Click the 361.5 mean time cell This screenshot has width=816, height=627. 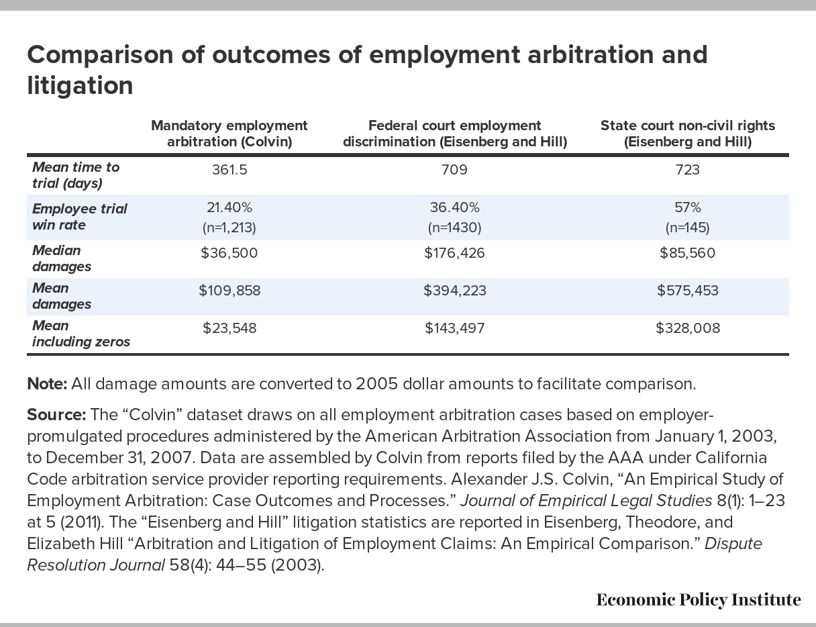click(x=229, y=170)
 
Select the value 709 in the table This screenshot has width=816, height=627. click(x=454, y=170)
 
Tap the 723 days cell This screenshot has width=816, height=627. click(x=688, y=170)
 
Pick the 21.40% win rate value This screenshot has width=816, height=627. click(x=229, y=207)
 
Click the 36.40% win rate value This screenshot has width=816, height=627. click(x=454, y=207)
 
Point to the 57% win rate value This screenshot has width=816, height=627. click(x=688, y=207)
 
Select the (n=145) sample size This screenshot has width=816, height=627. click(x=688, y=228)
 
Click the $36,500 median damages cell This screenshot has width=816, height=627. click(x=229, y=253)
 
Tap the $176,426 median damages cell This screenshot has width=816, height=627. click(x=454, y=253)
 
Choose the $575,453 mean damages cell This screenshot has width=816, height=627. click(x=688, y=291)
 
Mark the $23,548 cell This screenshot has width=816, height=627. click(x=229, y=328)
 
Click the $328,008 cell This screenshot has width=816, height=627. click(x=688, y=328)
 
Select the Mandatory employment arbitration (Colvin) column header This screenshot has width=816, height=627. click(x=229, y=134)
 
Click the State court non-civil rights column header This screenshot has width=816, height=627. click(x=688, y=134)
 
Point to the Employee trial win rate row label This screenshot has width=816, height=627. click(x=80, y=217)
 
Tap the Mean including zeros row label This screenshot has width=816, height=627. click(x=81, y=334)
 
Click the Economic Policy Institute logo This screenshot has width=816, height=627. click(x=699, y=600)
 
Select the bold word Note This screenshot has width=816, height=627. click(x=47, y=384)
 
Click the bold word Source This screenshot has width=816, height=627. click(x=56, y=415)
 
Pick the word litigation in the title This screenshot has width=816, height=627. click(x=80, y=86)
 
